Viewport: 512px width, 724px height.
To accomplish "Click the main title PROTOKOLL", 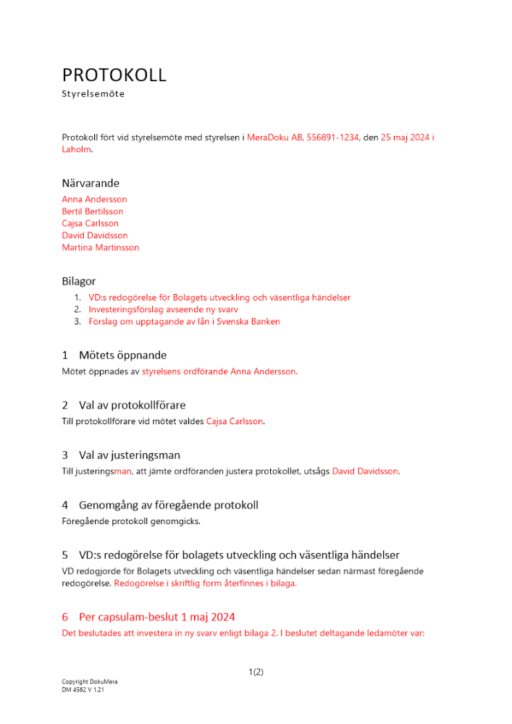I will [114, 75].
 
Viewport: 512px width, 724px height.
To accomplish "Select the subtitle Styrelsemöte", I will [93, 94].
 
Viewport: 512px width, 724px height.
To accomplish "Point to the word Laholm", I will [77, 149].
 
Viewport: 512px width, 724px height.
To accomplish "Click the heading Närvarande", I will [91, 183].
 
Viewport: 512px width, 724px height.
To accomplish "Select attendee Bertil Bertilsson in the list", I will [93, 211].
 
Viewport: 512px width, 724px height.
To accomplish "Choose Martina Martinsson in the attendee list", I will [101, 248].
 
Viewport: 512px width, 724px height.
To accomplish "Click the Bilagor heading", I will [79, 281].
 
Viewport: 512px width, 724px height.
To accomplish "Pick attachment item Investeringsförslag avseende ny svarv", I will [159, 309].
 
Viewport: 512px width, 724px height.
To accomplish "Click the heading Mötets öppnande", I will [122, 355].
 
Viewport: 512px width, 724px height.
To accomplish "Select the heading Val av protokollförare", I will [137, 405].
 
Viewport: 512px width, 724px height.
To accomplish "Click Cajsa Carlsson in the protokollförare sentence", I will [235, 421].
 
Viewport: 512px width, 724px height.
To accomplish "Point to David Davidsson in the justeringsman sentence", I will [365, 471].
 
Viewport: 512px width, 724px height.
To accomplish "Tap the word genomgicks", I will [177, 521].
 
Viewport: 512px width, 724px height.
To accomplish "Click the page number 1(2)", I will [256, 672].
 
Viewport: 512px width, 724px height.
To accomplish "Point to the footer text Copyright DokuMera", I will [90, 682].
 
